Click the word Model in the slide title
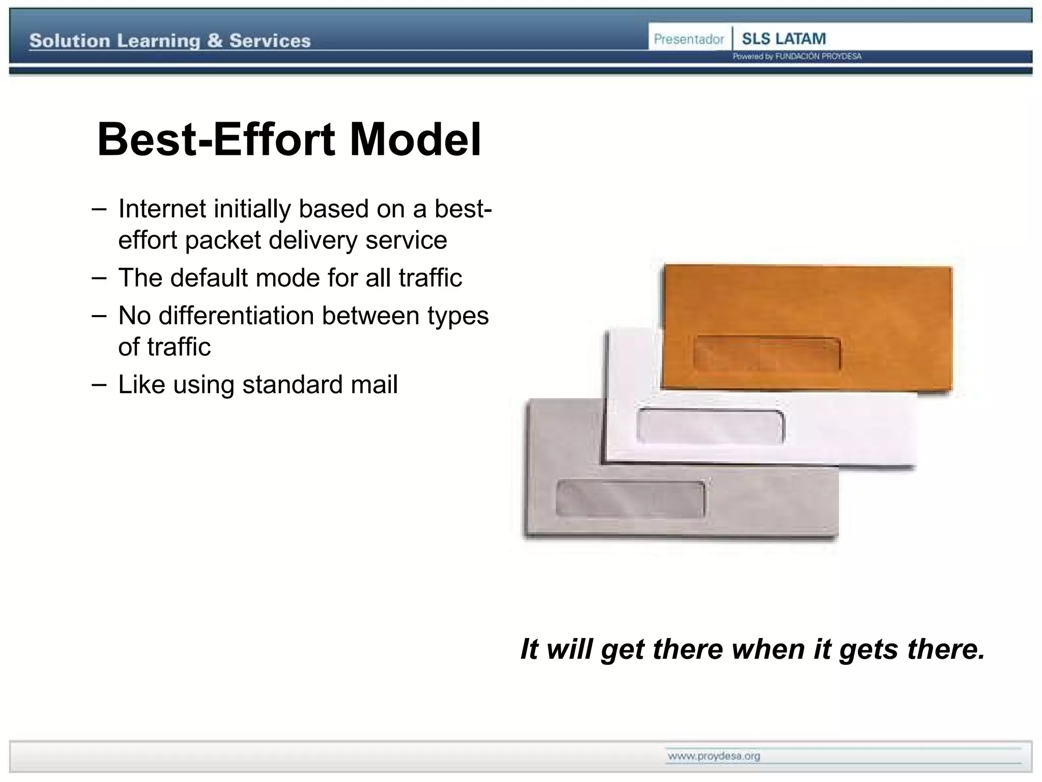415,139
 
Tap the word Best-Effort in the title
216,139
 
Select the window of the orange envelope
767,353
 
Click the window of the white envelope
710,426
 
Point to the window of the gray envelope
630,498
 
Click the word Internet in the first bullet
162,209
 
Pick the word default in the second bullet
209,278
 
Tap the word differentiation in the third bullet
236,316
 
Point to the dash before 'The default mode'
99,278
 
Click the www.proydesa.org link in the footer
714,756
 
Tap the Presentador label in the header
688,39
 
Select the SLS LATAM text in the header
784,39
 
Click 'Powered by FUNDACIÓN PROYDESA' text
797,57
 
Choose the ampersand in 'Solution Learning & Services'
215,41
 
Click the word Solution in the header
70,41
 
